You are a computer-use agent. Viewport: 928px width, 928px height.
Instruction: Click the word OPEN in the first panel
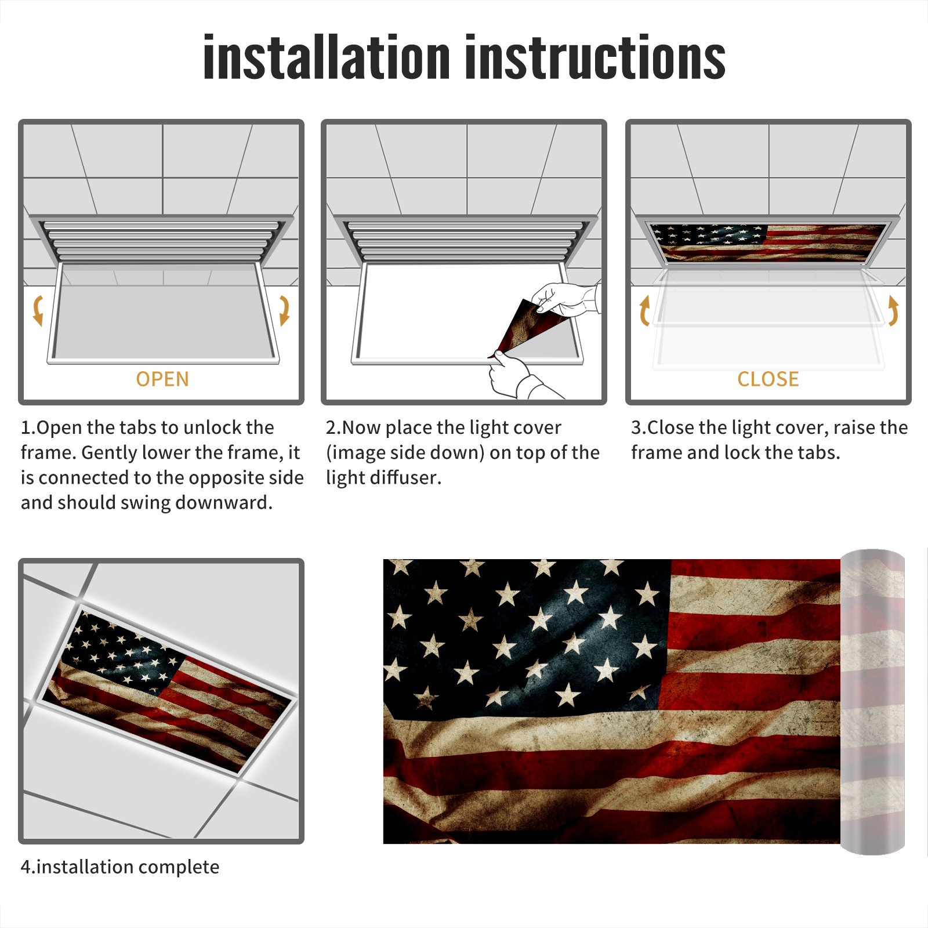162,379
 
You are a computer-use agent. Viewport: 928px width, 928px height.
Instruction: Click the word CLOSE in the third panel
768,379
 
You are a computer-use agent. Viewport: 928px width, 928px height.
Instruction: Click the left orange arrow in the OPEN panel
38,310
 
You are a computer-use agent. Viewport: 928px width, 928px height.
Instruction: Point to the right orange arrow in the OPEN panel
284,310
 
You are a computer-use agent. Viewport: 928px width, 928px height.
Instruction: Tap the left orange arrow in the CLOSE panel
644,310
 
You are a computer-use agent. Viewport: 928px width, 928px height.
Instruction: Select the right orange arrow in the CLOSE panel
893,310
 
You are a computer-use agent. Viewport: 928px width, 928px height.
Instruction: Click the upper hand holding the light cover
565,299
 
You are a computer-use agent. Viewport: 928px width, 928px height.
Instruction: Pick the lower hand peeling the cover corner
516,376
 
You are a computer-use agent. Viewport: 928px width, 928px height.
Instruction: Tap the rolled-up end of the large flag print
872,702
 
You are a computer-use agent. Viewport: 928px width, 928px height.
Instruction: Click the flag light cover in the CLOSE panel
767,242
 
